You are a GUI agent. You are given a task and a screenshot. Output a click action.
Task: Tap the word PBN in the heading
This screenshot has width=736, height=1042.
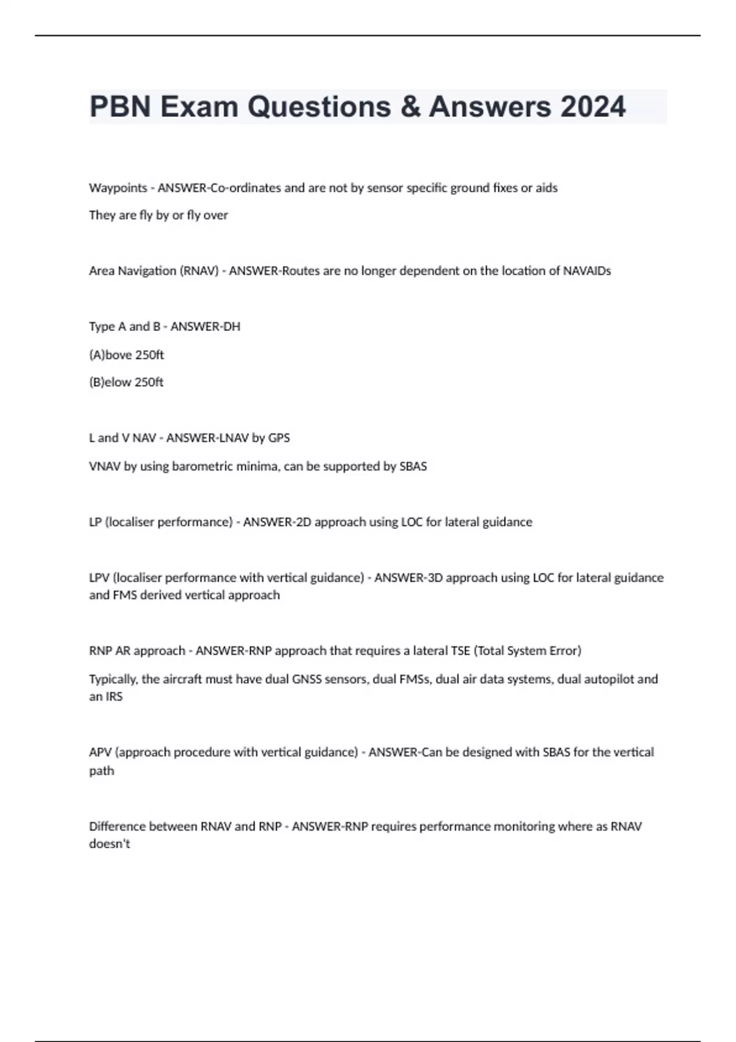pyautogui.click(x=120, y=107)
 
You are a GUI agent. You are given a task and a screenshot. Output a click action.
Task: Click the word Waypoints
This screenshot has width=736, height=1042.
pyautogui.click(x=118, y=188)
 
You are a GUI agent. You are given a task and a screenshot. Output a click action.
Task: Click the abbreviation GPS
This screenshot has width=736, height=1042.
pyautogui.click(x=279, y=438)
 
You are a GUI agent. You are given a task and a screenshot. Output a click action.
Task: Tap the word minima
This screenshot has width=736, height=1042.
pyautogui.click(x=260, y=466)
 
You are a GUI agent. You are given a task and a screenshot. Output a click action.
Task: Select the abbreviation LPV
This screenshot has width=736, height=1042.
pyautogui.click(x=99, y=578)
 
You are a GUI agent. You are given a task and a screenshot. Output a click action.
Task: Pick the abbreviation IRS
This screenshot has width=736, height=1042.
pyautogui.click(x=115, y=697)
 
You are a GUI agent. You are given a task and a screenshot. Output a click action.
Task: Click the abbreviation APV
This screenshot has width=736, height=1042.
pyautogui.click(x=100, y=753)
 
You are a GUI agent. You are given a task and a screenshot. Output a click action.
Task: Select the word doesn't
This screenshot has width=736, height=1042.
pyautogui.click(x=110, y=844)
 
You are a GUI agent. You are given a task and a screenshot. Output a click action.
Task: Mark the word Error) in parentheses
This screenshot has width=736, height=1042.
pyautogui.click(x=564, y=651)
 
